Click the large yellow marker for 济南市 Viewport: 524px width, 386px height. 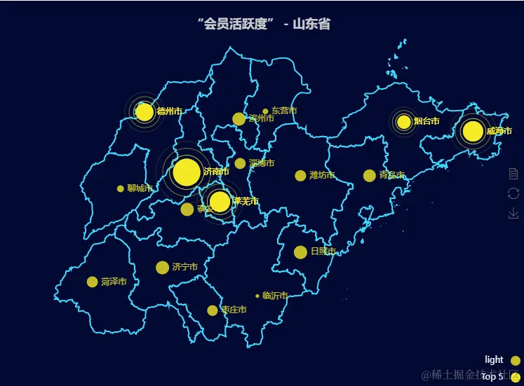[x=187, y=172]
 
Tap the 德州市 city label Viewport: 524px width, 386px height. [x=170, y=111]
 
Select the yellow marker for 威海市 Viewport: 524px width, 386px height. [x=473, y=131]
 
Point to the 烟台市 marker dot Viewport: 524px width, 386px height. [x=404, y=122]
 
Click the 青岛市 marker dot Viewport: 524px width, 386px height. [x=370, y=175]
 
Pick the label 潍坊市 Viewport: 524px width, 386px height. [x=322, y=175]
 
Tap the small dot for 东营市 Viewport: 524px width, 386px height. [x=266, y=111]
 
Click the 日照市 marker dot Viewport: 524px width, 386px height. [x=300, y=251]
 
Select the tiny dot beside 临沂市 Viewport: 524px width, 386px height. [x=257, y=296]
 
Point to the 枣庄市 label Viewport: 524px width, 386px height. [x=234, y=310]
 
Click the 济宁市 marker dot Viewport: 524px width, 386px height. [x=162, y=267]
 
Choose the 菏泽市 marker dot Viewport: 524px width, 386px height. [x=92, y=282]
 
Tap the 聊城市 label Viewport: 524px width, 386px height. [x=140, y=188]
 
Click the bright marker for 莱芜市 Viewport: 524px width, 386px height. [x=220, y=202]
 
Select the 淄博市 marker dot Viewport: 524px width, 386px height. [x=240, y=163]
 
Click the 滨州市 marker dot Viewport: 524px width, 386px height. [x=239, y=119]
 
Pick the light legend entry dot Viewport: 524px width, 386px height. [x=515, y=360]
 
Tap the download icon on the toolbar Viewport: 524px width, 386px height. [x=513, y=213]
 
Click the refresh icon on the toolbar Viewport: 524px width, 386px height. [x=513, y=193]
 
